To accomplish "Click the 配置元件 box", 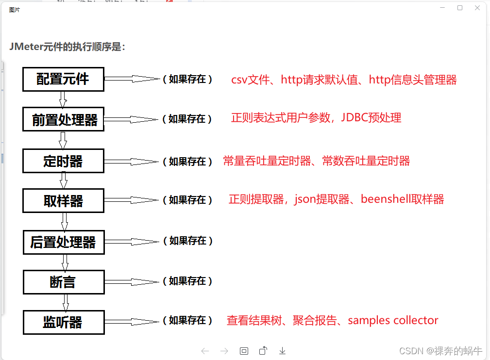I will pos(63,79).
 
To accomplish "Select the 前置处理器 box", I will pos(63,119).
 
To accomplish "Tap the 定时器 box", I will pos(63,161).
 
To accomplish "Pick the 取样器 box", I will pos(63,200).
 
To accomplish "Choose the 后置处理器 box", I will pos(63,242).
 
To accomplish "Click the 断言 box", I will pos(63,282).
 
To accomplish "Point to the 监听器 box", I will pos(63,322).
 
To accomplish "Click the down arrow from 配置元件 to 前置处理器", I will pos(63,99).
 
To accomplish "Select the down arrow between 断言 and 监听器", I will pos(66,302).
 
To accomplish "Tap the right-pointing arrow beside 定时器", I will pos(131,162).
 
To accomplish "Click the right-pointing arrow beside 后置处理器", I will pos(131,241).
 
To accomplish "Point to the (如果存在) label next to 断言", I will pos(187,281).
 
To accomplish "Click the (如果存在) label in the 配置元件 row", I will pos(187,79).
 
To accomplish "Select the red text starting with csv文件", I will pos(344,80).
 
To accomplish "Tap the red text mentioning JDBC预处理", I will pos(316,118).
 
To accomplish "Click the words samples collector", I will pos(393,320).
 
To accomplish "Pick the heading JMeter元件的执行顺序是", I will pos(67,47).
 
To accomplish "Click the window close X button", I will pos(477,8).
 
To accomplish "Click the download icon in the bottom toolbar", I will pos(282,351).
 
